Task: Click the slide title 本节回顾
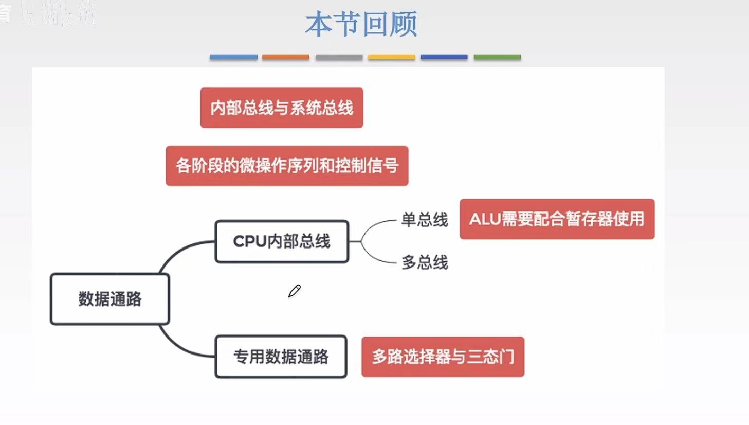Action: [x=361, y=24]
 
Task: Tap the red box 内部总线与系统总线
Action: [x=282, y=108]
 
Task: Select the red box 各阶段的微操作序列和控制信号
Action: [x=287, y=166]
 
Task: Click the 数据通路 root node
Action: [x=110, y=299]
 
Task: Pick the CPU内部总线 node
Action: [x=282, y=241]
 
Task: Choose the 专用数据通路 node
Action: [x=281, y=357]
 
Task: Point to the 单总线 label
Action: [x=424, y=220]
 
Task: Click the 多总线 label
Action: [x=425, y=262]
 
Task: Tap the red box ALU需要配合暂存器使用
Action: [x=557, y=219]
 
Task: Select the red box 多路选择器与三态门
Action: [x=443, y=357]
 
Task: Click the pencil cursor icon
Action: [x=294, y=291]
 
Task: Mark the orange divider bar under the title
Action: [x=285, y=57]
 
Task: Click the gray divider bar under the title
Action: [x=339, y=57]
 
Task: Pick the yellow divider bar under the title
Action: [x=391, y=57]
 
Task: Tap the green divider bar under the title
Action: [x=497, y=57]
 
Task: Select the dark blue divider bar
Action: [x=444, y=57]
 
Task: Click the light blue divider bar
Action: [x=233, y=57]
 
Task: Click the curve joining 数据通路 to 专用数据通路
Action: [x=177, y=348]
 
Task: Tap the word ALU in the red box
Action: [x=485, y=219]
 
